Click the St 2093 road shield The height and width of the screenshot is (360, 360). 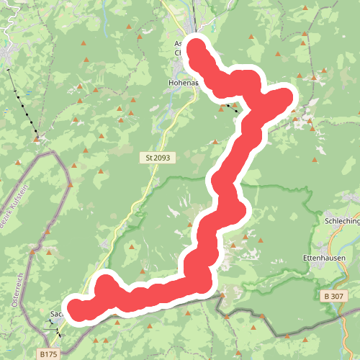(158, 157)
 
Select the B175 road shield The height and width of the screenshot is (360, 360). (48, 354)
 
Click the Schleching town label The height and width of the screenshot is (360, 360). (342, 222)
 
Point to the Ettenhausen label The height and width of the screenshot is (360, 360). (325, 258)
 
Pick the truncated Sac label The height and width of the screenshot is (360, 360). (56, 314)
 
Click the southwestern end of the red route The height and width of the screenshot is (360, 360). (76, 307)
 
